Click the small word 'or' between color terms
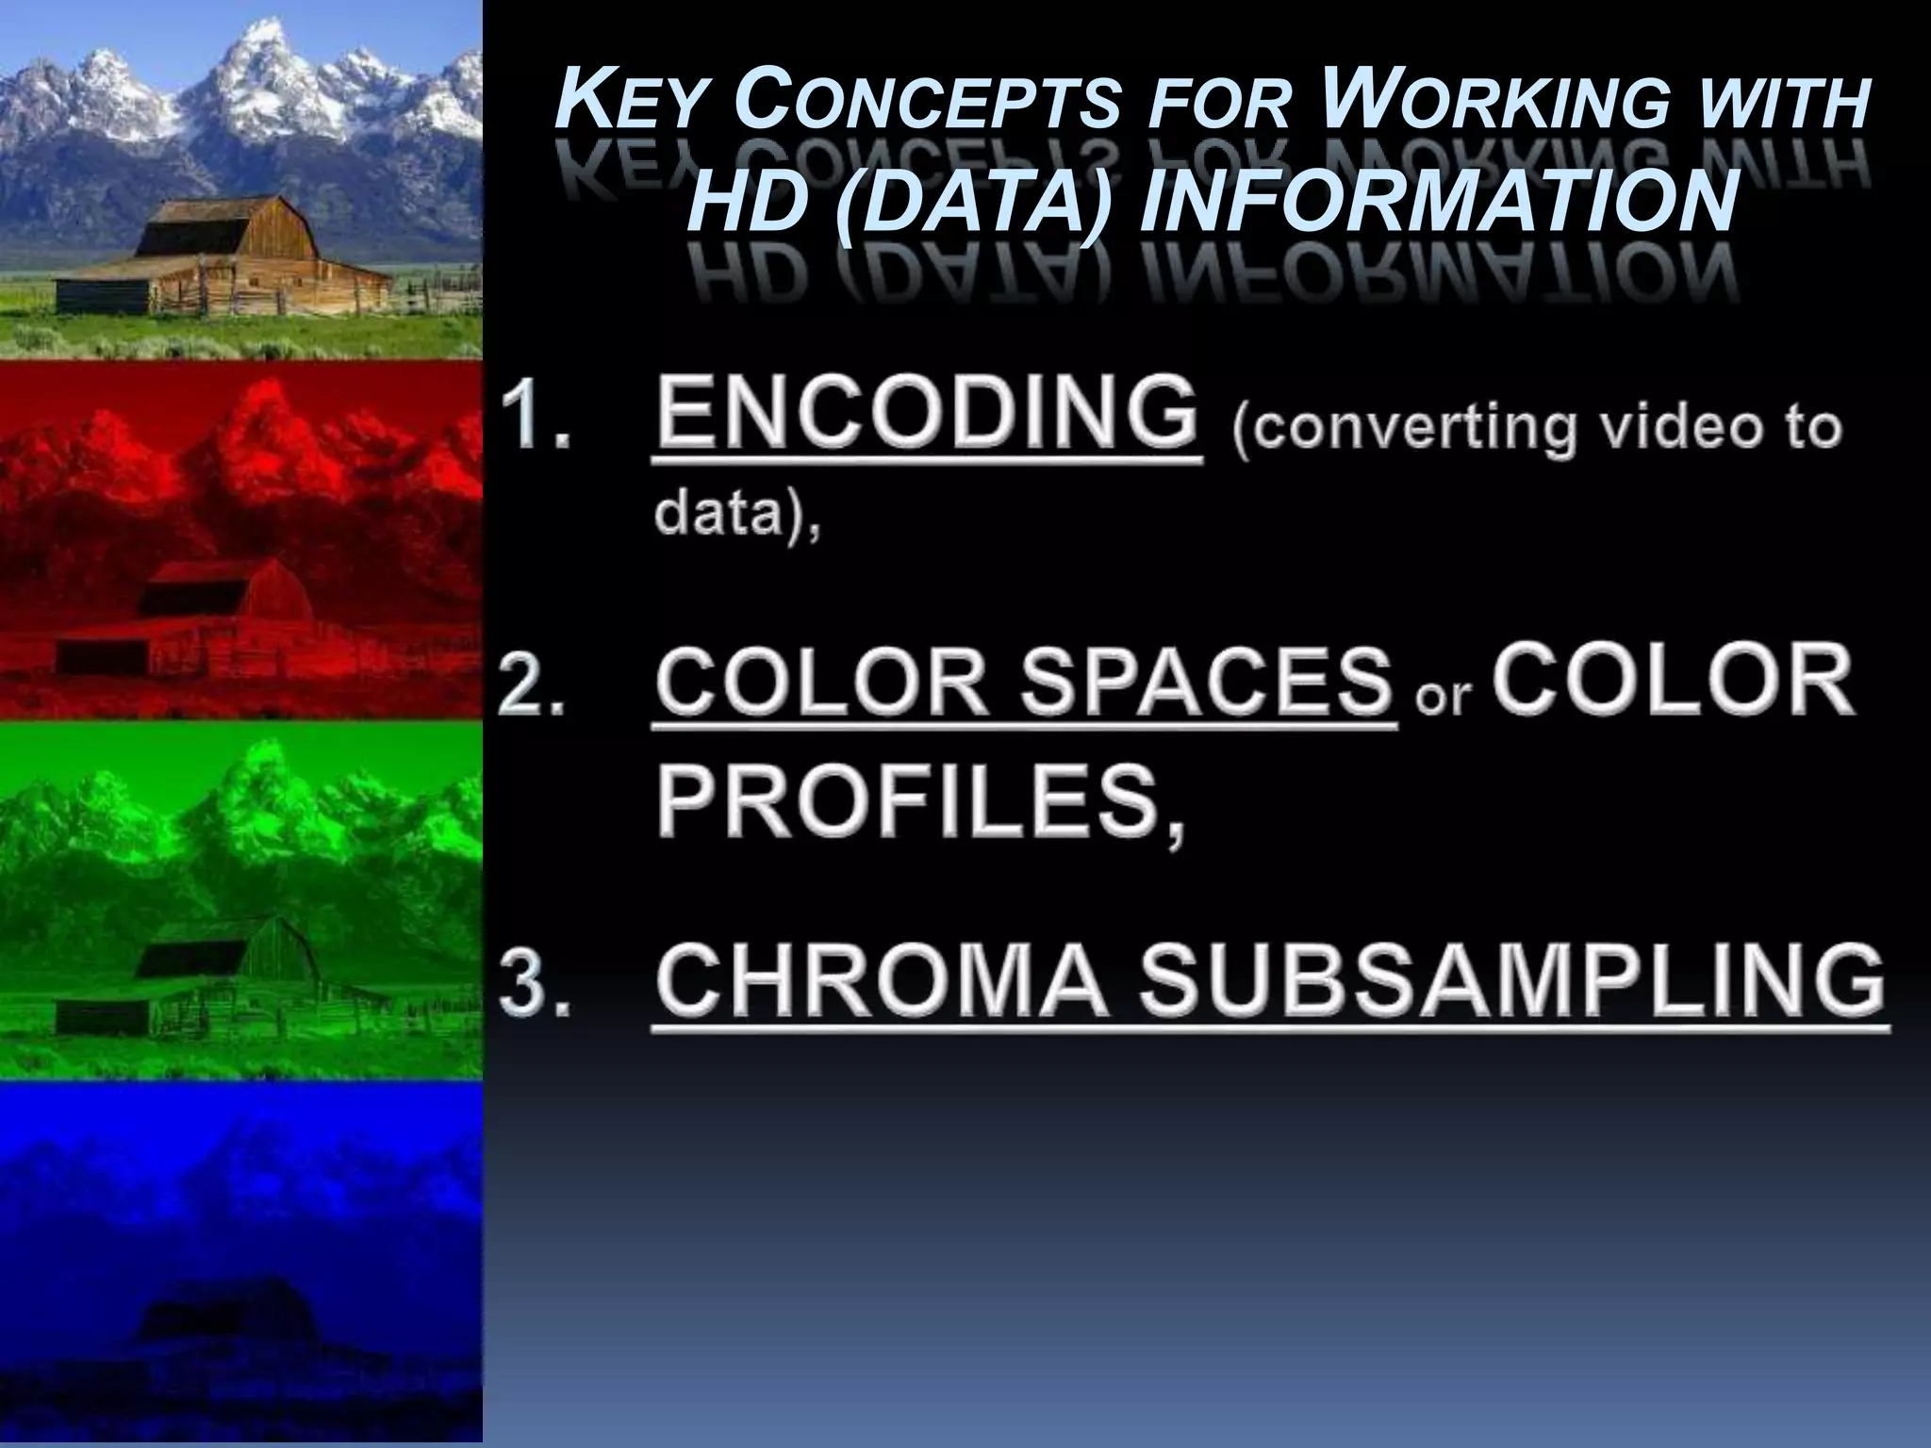pos(1444,696)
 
